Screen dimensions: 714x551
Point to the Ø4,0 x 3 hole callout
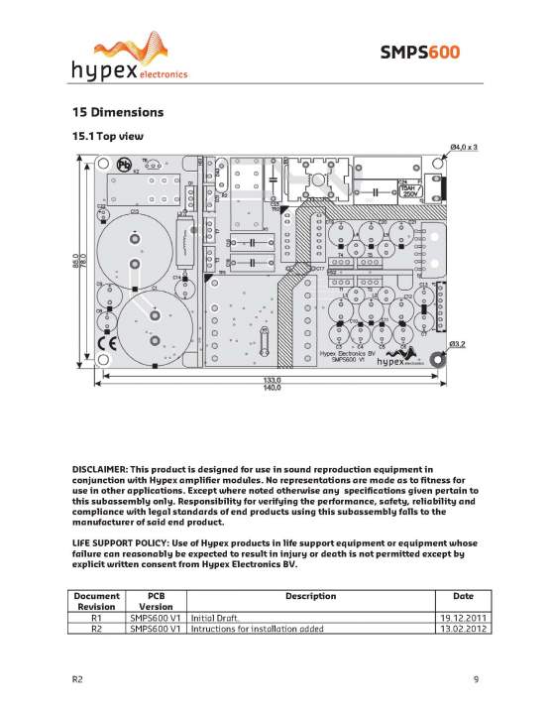(464, 148)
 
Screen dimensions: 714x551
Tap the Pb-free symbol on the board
(126, 166)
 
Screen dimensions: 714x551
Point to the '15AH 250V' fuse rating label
(409, 188)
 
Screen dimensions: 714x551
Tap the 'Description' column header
(310, 596)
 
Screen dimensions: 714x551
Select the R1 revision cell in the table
(97, 617)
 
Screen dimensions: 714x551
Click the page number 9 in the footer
(476, 678)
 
